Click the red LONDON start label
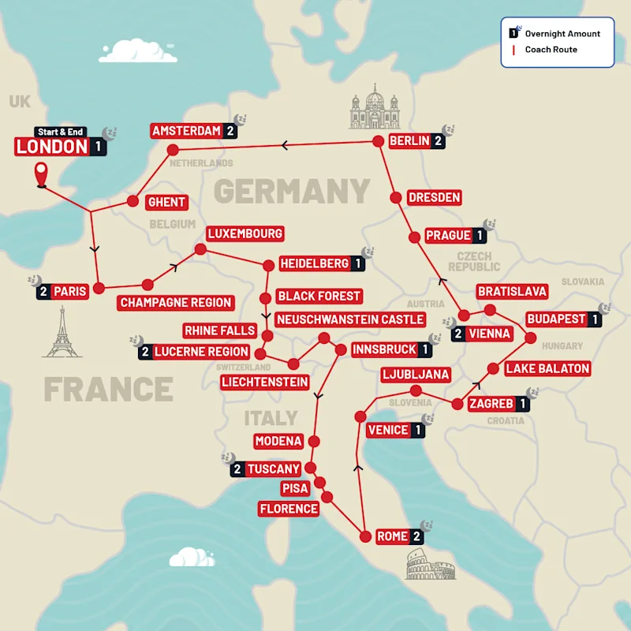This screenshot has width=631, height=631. [x=52, y=147]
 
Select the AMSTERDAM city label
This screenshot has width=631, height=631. [x=186, y=131]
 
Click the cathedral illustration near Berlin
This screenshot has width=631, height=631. [x=375, y=110]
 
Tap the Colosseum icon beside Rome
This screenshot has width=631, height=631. [x=430, y=565]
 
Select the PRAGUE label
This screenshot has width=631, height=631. [x=449, y=235]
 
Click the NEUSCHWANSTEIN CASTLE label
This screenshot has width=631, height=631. [x=350, y=319]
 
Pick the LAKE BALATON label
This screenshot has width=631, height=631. [x=547, y=368]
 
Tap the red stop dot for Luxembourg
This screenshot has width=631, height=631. [x=200, y=249]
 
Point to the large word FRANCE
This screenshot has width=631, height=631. [x=108, y=389]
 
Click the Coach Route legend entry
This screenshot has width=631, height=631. [x=544, y=50]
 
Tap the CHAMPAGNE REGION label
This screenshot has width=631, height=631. [x=176, y=302]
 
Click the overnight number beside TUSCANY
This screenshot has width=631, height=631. [x=236, y=469]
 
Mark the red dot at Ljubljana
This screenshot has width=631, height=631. [x=415, y=391]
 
